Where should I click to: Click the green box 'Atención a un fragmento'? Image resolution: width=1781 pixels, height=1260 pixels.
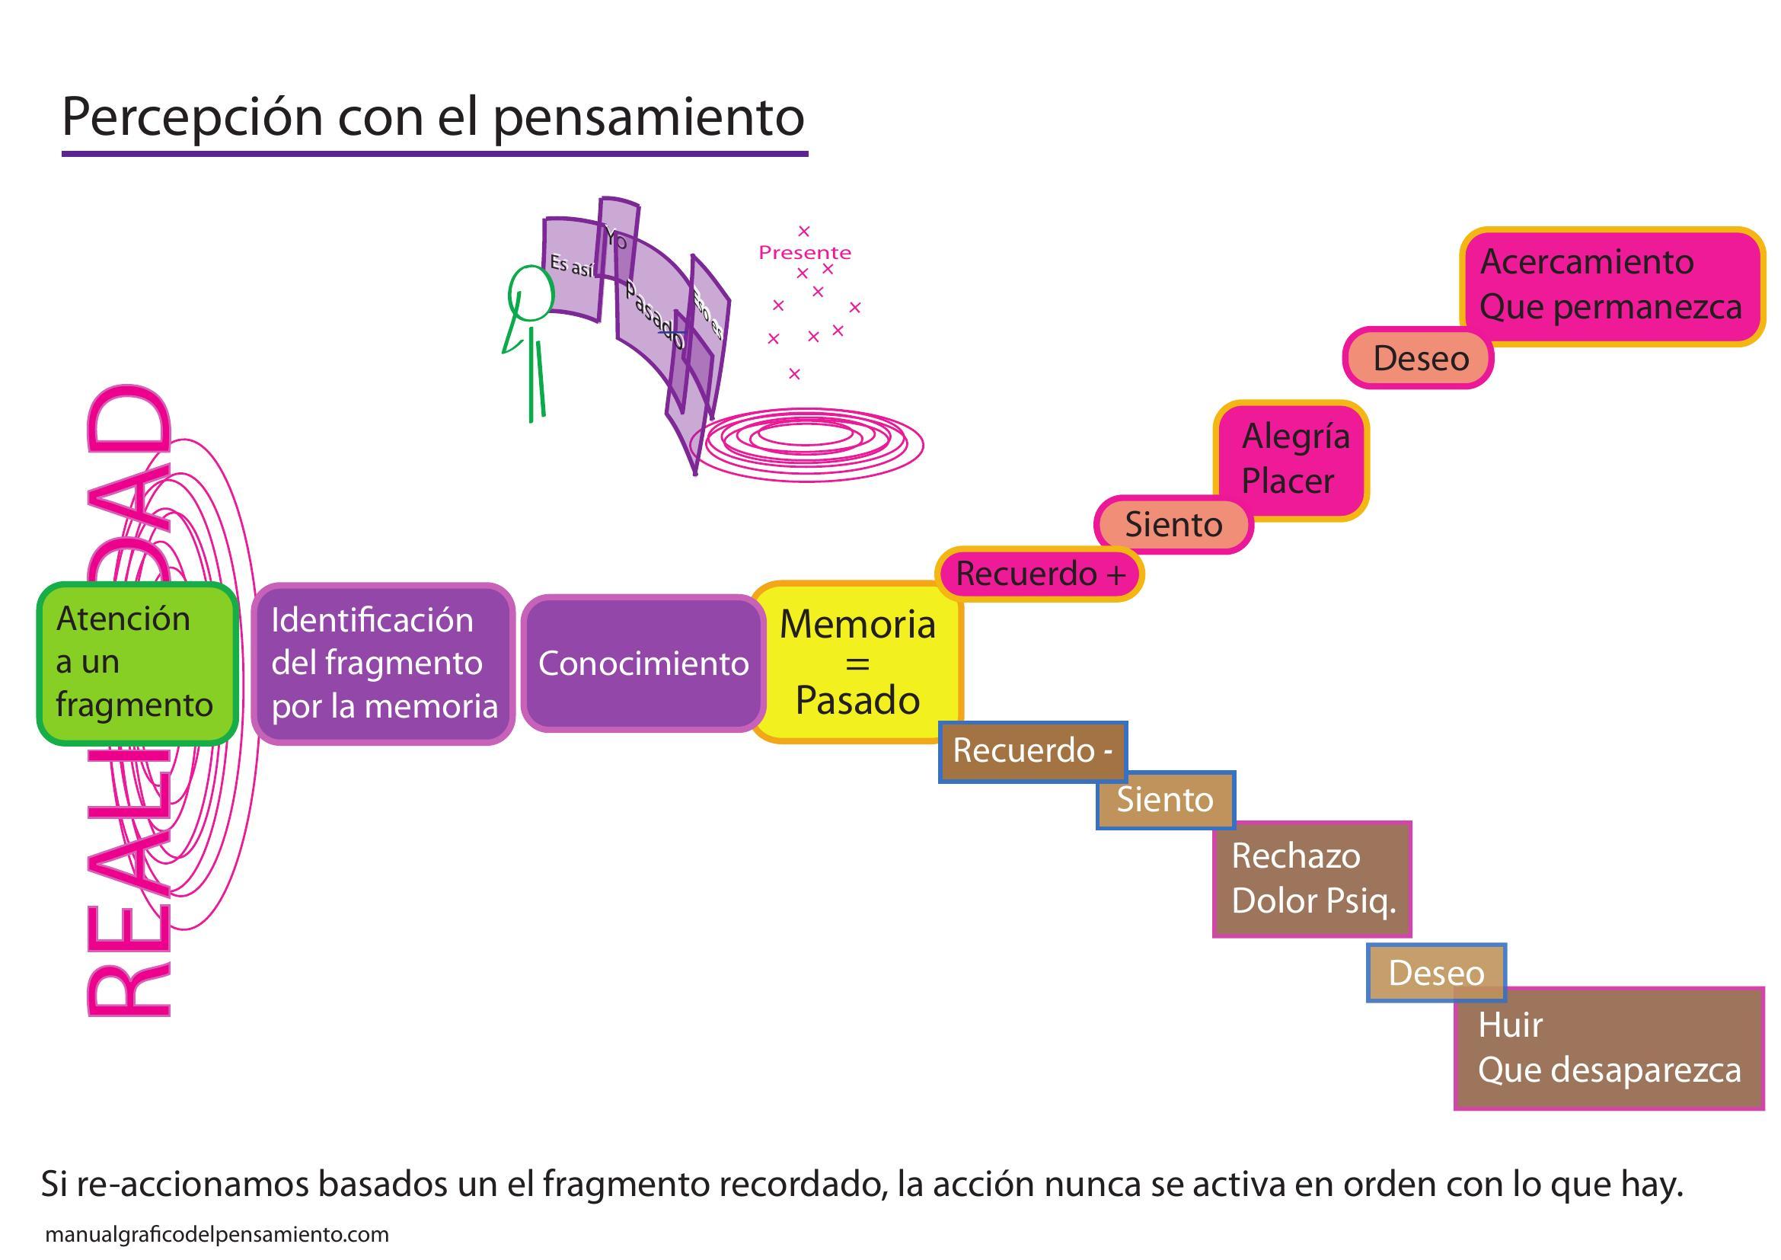coord(136,664)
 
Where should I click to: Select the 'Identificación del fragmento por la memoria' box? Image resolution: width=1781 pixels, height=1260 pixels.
coord(383,664)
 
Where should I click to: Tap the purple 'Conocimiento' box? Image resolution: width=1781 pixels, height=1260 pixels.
coord(643,664)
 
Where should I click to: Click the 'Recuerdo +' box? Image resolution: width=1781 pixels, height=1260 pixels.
coord(1039,574)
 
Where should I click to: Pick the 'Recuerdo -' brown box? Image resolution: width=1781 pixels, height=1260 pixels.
coord(1033,751)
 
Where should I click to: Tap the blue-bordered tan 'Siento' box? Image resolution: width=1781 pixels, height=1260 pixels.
coord(1164,800)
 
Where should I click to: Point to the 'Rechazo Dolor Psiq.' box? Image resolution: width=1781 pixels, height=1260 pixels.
coord(1312,879)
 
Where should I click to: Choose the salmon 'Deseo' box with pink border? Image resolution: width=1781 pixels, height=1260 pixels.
coord(1419,359)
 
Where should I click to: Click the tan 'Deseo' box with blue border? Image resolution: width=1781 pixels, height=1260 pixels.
coord(1436,973)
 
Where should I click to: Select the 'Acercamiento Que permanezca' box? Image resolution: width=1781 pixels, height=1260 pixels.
coord(1610,286)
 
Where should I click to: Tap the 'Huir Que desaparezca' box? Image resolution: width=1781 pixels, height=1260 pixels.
coord(1609,1048)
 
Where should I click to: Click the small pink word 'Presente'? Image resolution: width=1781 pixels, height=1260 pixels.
coord(804,253)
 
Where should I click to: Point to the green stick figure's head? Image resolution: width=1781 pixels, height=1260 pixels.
coord(531,293)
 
